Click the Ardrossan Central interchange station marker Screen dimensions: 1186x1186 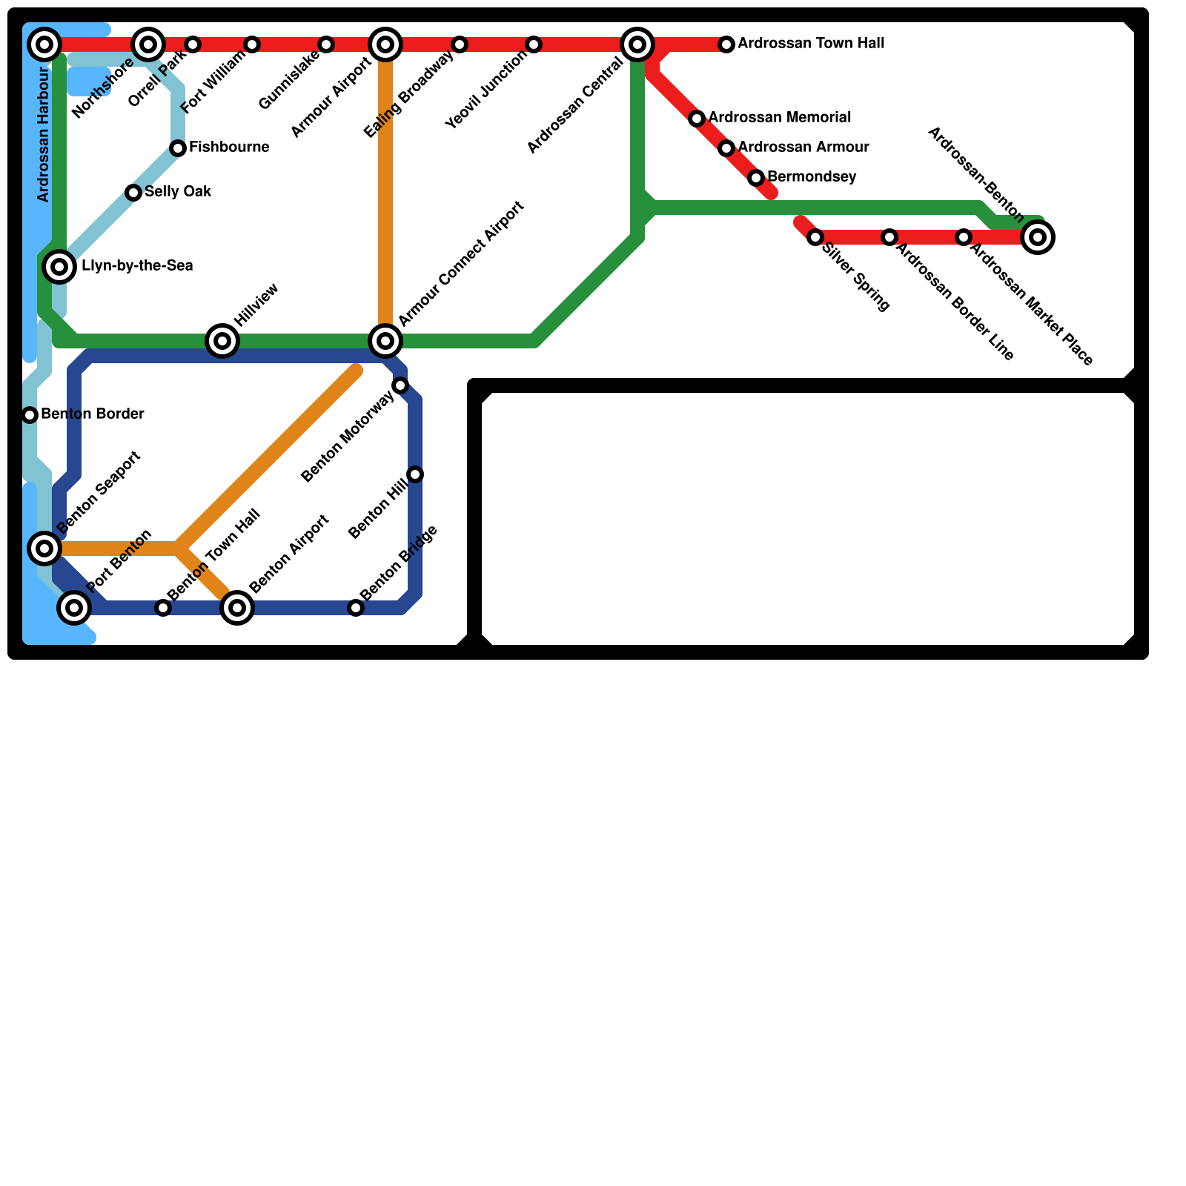pos(637,44)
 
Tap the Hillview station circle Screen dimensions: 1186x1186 pos(222,341)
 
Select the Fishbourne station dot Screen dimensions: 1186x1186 pos(178,148)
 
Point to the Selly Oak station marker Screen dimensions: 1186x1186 pos(133,193)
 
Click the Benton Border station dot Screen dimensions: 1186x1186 pos(30,415)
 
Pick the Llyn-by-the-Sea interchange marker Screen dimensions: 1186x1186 pos(59,267)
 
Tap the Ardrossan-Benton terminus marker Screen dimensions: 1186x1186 pos(1038,237)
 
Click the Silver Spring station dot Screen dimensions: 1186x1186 pos(815,237)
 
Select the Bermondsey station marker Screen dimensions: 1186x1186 pos(756,178)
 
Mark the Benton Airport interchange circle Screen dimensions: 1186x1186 pos(237,608)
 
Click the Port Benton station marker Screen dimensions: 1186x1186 pos(74,608)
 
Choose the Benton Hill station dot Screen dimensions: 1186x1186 pos(415,474)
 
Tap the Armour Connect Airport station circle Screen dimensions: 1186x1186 pos(385,341)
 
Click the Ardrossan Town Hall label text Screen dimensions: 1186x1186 pos(811,44)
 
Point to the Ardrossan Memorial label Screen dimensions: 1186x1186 pos(780,118)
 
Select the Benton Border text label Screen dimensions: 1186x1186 pos(93,414)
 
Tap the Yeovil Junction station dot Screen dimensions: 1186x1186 pos(534,44)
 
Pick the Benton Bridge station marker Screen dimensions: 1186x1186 pos(356,608)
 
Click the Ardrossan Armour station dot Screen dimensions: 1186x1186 pos(726,148)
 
